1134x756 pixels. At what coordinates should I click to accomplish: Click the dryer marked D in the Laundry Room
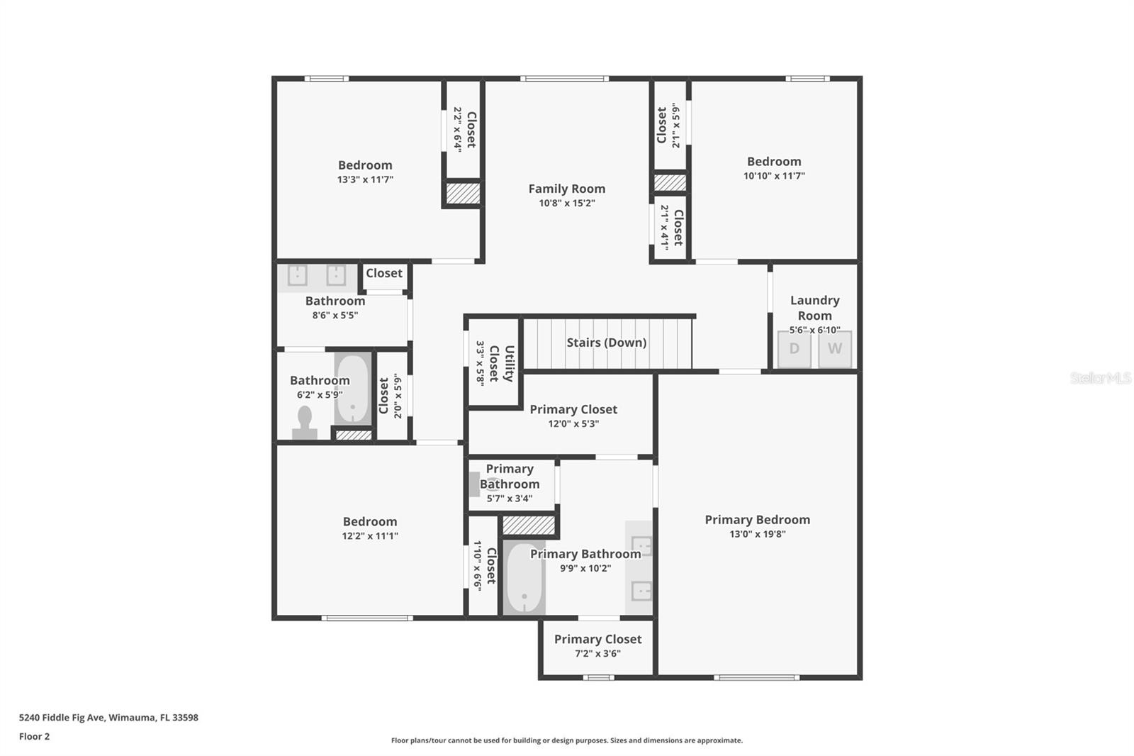[794, 349]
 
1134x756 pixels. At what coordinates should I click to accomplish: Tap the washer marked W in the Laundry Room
[835, 349]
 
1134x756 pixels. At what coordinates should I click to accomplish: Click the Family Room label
[566, 189]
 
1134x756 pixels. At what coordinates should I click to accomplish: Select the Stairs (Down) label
[606, 343]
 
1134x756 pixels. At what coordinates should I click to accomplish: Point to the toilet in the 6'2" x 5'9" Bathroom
[305, 423]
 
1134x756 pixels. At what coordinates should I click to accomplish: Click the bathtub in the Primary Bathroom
[524, 578]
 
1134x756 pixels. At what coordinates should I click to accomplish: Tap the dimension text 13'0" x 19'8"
[757, 534]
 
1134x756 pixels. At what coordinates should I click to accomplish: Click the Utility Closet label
[501, 363]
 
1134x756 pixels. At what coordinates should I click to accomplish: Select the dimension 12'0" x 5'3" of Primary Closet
[573, 423]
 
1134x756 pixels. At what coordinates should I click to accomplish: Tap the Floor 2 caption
[34, 736]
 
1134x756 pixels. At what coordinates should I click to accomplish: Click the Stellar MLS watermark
[1100, 378]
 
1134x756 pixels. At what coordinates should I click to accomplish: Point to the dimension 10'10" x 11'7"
[773, 176]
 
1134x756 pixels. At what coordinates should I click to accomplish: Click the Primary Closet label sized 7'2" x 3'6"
[597, 639]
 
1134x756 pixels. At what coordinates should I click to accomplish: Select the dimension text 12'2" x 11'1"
[369, 536]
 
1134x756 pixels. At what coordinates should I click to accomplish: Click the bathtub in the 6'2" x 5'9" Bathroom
[352, 389]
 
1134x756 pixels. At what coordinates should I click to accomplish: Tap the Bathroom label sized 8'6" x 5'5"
[335, 301]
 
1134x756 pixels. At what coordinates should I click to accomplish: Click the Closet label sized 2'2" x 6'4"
[471, 130]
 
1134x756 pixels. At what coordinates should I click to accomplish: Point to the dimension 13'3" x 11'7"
[364, 179]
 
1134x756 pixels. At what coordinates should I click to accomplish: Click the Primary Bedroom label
[757, 519]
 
